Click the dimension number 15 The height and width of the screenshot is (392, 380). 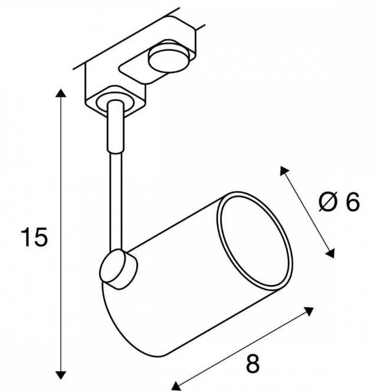coord(34,237)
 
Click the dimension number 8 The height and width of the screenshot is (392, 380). coord(253,364)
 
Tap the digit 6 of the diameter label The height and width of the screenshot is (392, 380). coord(352,202)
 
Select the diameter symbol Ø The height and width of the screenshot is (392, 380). coord(328,202)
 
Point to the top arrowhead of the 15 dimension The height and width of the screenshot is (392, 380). coord(61,93)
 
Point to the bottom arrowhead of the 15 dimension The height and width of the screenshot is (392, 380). coord(61,375)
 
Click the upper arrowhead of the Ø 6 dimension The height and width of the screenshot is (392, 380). coord(284,170)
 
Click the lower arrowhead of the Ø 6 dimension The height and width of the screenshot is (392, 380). coord(330,253)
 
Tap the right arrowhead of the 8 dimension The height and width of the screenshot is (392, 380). coord(309,311)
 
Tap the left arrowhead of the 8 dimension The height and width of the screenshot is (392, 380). coord(176,386)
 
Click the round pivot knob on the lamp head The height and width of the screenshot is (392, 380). coord(118,269)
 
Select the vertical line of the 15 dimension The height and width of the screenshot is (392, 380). coord(61,234)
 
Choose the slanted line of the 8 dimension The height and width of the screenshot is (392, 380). coord(243,348)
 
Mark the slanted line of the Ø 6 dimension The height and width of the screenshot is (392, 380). coord(307,212)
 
